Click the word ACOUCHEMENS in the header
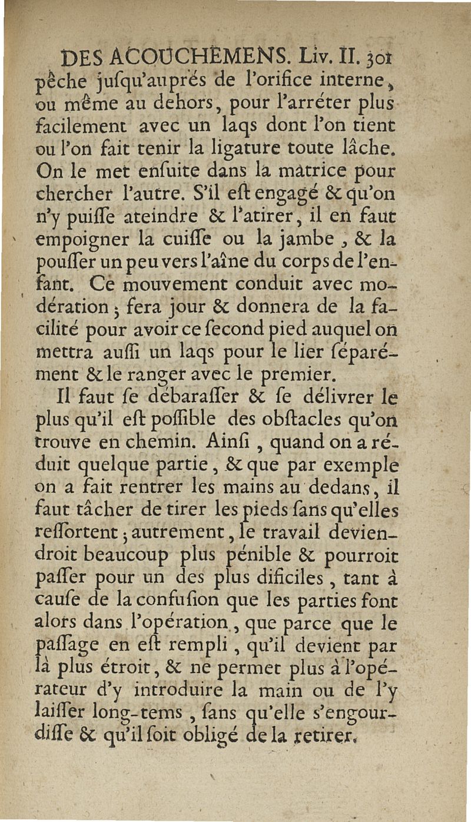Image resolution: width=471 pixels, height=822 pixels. (x=174, y=59)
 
